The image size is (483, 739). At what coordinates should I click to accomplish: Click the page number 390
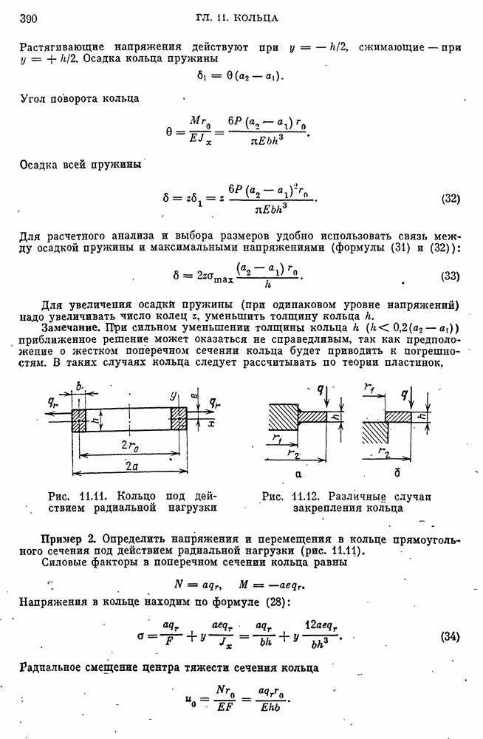click(27, 18)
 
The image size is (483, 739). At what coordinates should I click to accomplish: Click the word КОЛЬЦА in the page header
click(258, 17)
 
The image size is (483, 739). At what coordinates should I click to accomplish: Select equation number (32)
click(451, 198)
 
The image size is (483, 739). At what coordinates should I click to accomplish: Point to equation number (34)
click(451, 636)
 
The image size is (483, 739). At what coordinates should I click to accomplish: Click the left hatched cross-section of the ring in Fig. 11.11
click(79, 419)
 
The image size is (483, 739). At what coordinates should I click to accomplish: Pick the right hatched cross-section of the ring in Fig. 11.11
click(179, 419)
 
